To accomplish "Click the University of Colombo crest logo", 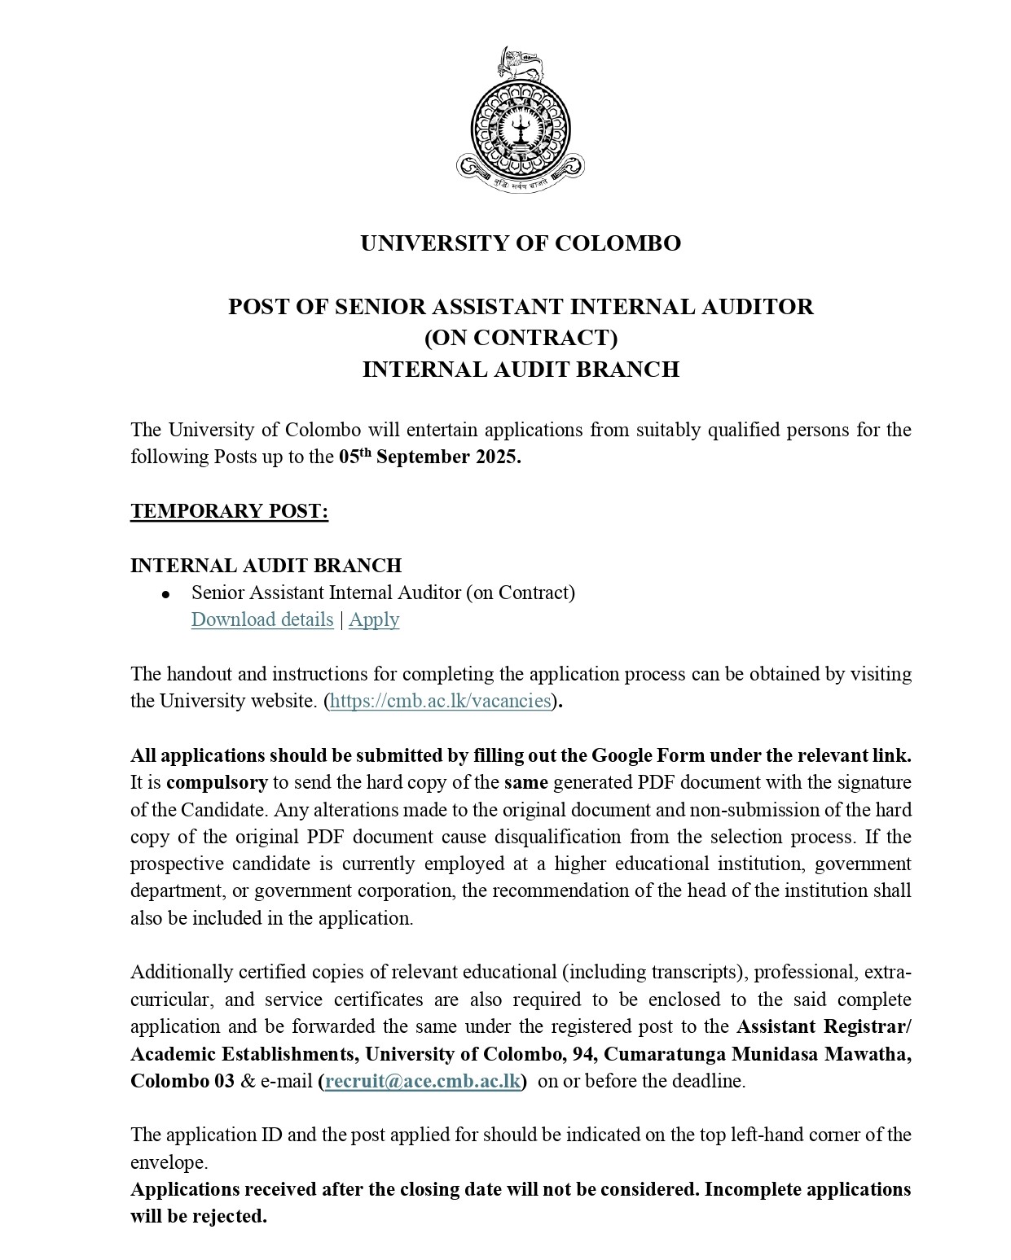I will [x=521, y=121].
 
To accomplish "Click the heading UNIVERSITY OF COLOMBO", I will [x=521, y=243].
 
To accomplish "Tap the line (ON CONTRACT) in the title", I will [x=521, y=338].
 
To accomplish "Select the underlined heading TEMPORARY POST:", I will [x=229, y=511].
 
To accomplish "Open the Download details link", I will [x=262, y=619].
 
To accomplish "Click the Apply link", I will [x=374, y=619].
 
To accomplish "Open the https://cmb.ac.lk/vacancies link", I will [x=441, y=701].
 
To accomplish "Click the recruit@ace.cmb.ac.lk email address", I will [x=423, y=1081].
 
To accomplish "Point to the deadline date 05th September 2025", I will [x=429, y=456].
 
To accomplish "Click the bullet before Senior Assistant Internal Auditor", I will [x=166, y=594].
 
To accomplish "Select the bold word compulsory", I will [x=217, y=783].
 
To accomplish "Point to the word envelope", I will [x=169, y=1162].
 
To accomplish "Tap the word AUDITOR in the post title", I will [x=764, y=307].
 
